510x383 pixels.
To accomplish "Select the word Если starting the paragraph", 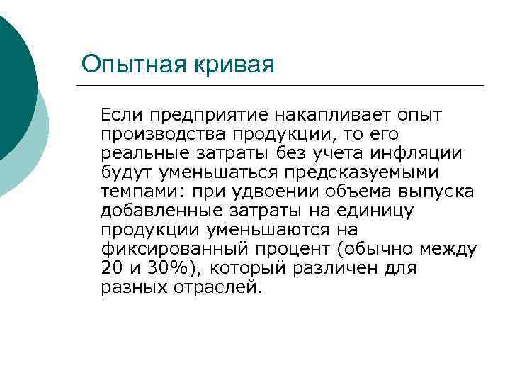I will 120,114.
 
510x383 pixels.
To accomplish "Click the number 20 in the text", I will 110,269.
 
